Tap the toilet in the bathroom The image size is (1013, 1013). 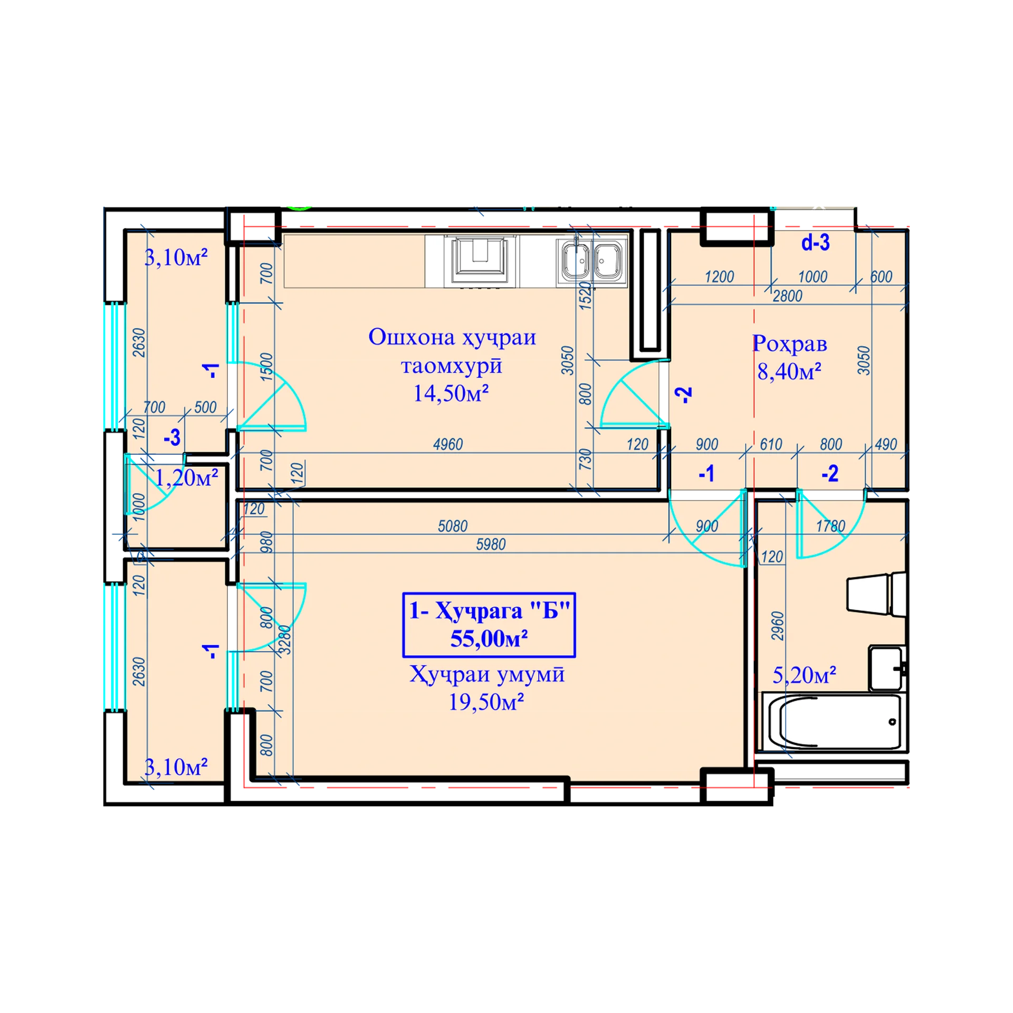(876, 595)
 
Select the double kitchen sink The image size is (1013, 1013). (592, 260)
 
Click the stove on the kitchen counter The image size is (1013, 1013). (480, 262)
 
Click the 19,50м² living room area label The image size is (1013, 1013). (485, 702)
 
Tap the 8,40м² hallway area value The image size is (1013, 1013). (789, 371)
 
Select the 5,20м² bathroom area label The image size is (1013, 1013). (804, 675)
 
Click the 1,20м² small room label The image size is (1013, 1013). (186, 477)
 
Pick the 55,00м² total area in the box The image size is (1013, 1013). (489, 638)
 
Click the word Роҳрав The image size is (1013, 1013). (789, 344)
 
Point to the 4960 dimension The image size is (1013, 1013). (447, 444)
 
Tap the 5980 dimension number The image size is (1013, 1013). (491, 544)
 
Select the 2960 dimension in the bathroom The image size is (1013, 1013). (778, 626)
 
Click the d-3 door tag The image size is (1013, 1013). (815, 243)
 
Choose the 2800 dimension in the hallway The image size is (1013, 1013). (787, 296)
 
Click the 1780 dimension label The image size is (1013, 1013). (830, 526)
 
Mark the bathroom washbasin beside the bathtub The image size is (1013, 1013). (886, 668)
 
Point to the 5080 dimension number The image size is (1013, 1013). (453, 526)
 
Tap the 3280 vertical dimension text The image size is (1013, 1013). (284, 640)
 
